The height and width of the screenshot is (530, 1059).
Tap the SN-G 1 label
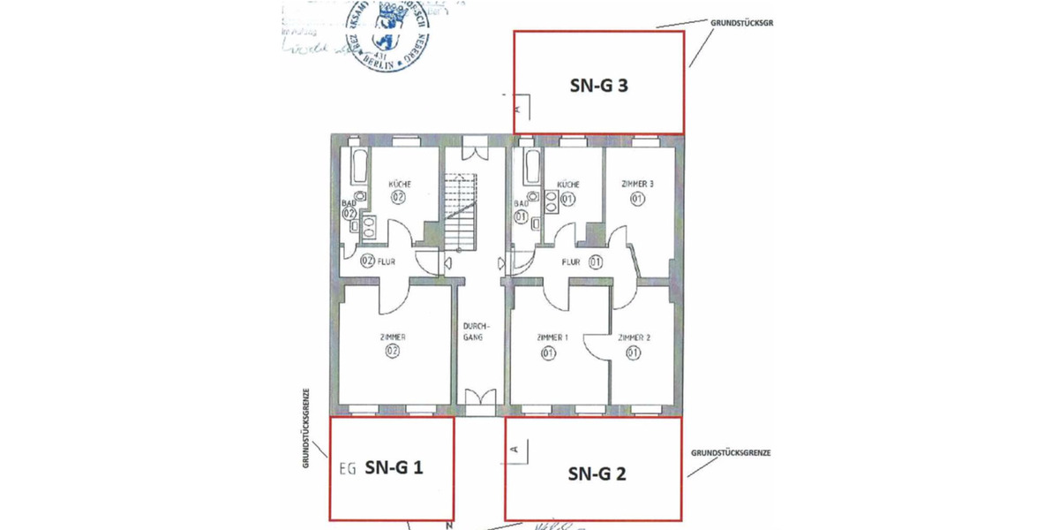(394, 468)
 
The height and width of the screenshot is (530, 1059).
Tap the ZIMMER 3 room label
(637, 184)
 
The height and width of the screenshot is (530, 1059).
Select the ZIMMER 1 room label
(552, 337)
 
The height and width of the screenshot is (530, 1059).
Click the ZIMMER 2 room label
(634, 337)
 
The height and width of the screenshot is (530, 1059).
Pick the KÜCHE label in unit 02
(400, 184)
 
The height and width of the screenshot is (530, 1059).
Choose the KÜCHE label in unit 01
(567, 184)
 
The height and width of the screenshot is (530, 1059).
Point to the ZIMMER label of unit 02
(392, 337)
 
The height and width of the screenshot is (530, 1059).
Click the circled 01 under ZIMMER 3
(637, 199)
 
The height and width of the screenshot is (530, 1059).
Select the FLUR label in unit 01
(572, 261)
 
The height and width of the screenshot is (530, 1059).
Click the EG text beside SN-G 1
(348, 469)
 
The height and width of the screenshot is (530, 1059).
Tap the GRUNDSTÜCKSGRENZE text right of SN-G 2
(732, 452)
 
